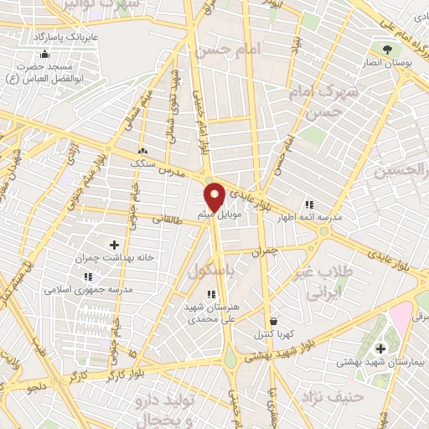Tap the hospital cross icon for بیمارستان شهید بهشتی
(x=380, y=348)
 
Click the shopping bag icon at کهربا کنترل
(x=274, y=321)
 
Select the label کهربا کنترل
(x=273, y=334)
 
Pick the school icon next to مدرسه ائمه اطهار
(x=308, y=204)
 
